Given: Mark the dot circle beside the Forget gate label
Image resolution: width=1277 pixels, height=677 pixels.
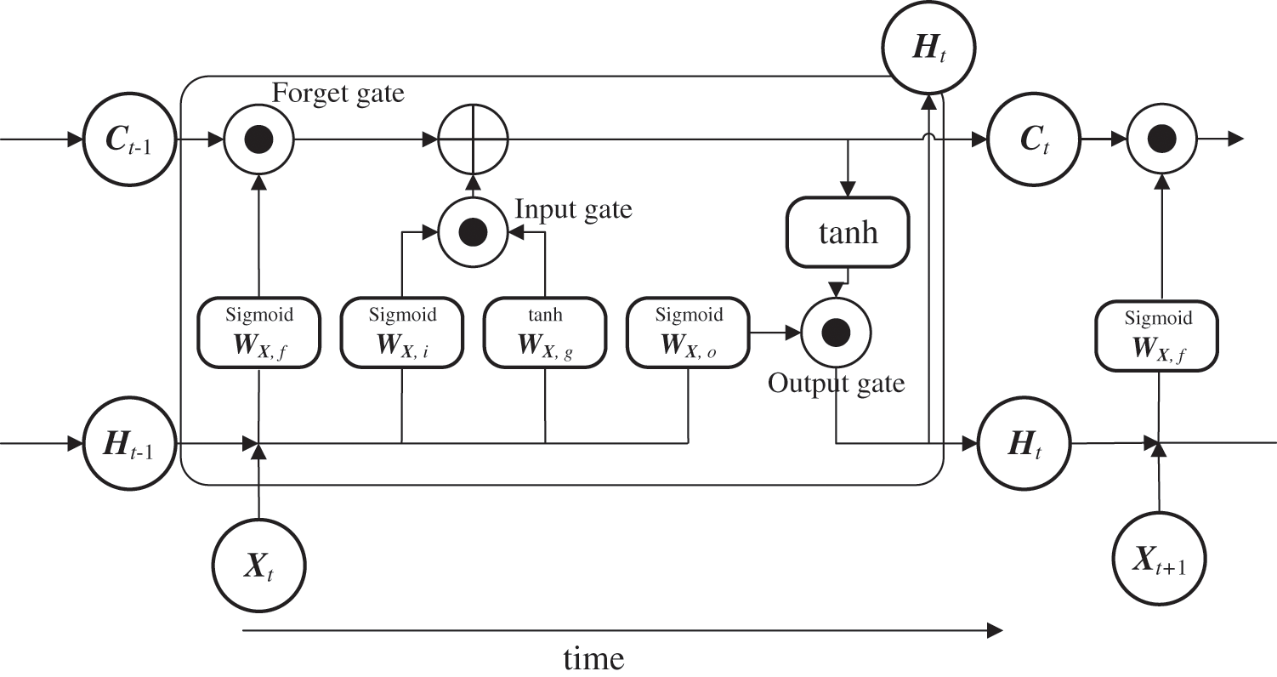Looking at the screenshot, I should click(258, 139).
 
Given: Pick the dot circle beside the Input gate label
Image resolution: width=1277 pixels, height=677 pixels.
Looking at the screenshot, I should click(473, 230).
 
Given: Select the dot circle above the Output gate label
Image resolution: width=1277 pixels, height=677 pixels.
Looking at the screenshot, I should click(837, 332).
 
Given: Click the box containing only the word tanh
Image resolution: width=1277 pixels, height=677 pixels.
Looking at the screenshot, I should click(848, 231).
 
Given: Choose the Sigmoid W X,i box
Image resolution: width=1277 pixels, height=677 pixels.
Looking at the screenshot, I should click(402, 333).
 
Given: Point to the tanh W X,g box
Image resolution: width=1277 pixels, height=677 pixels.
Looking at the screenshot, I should click(545, 333).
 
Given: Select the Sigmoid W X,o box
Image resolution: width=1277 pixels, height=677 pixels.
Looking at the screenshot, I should click(688, 333).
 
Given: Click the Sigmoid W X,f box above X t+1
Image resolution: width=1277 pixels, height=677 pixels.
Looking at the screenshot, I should click(1157, 337).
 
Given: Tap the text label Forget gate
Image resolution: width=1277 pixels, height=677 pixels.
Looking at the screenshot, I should click(338, 93).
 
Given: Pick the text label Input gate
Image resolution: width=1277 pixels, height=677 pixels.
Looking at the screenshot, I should click(574, 208).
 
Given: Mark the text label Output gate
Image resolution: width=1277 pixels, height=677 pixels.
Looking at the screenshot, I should click(836, 384).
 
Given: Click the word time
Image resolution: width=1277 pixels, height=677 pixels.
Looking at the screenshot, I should click(593, 657).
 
